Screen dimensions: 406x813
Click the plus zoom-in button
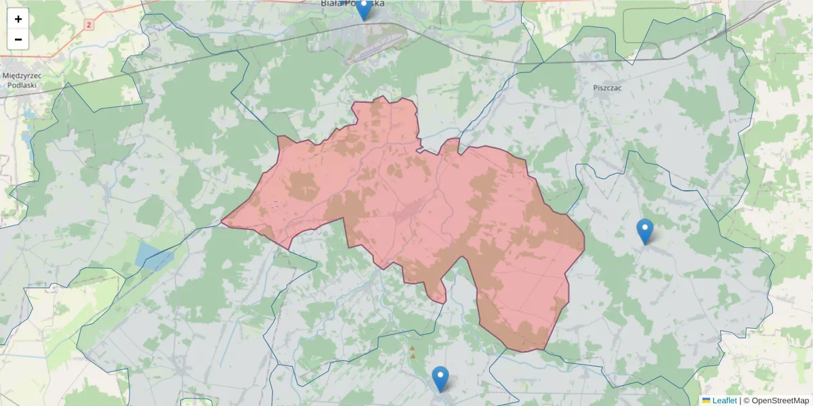pyautogui.click(x=18, y=19)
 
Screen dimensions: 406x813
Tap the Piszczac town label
pyautogui.click(x=607, y=88)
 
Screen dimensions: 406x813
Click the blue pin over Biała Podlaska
pyautogui.click(x=364, y=9)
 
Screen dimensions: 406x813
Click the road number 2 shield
pyautogui.click(x=88, y=25)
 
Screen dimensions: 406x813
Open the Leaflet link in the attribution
pyautogui.click(x=724, y=401)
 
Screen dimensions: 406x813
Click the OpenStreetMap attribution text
pyautogui.click(x=780, y=401)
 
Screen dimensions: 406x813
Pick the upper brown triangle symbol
pyautogui.click(x=412, y=348)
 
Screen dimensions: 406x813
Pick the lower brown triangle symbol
pyautogui.click(x=413, y=356)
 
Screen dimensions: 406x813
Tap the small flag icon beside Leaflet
pyautogui.click(x=706, y=401)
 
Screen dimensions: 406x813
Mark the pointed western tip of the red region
pyautogui.click(x=223, y=221)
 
